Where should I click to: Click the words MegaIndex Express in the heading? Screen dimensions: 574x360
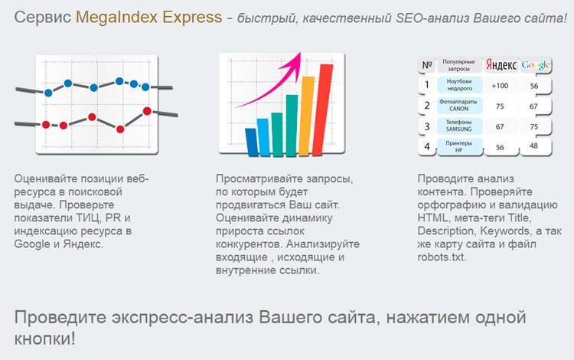click(x=148, y=17)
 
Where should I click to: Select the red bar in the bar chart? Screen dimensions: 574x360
click(x=322, y=110)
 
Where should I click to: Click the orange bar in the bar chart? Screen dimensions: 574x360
click(x=306, y=116)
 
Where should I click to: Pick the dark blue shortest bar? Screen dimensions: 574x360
click(x=252, y=142)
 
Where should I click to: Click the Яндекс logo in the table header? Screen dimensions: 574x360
click(x=501, y=65)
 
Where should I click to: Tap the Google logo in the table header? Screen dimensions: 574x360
click(x=536, y=65)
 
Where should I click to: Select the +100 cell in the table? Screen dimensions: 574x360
click(x=500, y=86)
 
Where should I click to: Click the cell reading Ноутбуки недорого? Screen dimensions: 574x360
click(x=459, y=85)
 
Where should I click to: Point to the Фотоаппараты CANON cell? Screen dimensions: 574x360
click(x=459, y=106)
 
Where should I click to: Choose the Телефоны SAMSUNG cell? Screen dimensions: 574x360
click(x=459, y=126)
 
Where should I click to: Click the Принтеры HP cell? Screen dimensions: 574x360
click(x=459, y=146)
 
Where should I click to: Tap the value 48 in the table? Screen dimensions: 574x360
click(x=533, y=146)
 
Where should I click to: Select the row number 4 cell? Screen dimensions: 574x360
click(x=427, y=146)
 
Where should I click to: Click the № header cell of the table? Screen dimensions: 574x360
click(x=427, y=65)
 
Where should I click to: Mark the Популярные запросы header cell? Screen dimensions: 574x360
click(x=459, y=65)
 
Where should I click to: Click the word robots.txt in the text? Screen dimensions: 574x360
click(x=442, y=257)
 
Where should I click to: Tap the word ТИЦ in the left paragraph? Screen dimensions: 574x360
click(x=88, y=218)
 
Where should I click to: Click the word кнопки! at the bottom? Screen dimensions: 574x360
click(x=44, y=339)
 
